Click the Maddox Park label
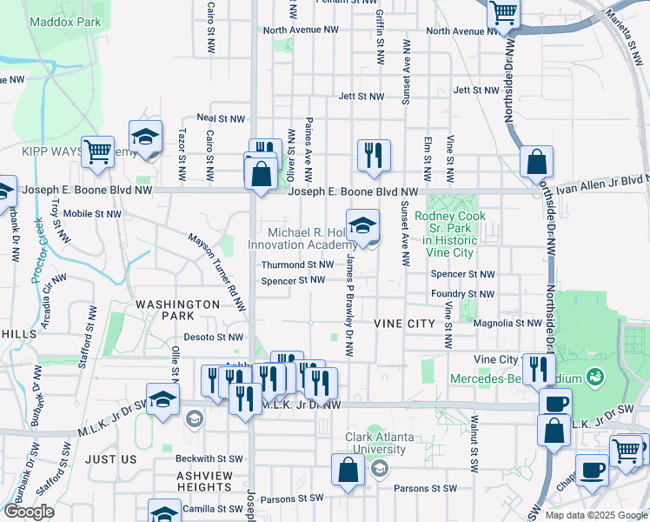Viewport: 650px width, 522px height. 66,21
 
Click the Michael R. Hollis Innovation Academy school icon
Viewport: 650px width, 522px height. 362,225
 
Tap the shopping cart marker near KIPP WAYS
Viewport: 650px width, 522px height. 98,151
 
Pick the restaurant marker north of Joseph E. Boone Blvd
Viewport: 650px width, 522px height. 374,155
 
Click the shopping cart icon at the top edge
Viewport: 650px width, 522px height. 503,13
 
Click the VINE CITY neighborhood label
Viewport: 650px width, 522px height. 403,323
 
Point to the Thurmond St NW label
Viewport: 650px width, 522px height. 298,264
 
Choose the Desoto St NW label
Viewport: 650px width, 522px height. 213,337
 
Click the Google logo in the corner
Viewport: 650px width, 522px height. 29,512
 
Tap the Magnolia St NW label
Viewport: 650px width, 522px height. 509,323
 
